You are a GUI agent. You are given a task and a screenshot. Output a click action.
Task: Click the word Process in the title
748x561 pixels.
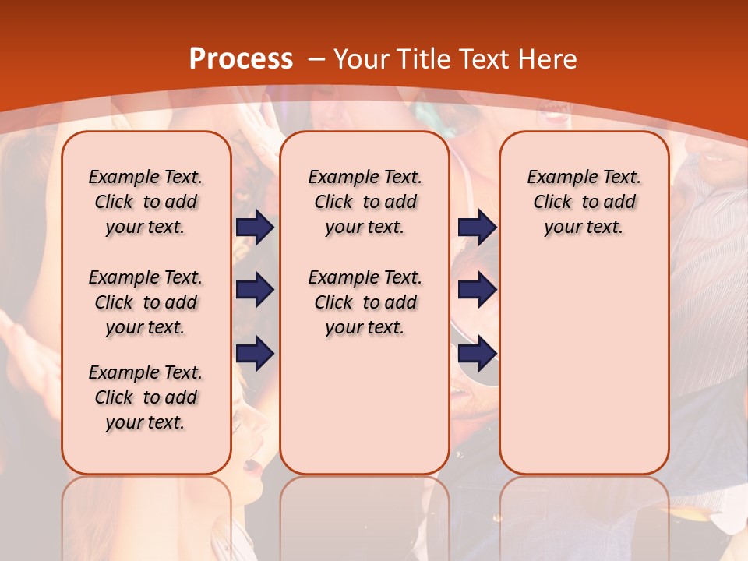pyautogui.click(x=241, y=59)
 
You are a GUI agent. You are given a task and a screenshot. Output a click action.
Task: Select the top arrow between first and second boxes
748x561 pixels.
pyautogui.click(x=255, y=227)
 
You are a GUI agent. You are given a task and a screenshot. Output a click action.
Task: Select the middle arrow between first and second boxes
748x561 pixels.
pyautogui.click(x=255, y=291)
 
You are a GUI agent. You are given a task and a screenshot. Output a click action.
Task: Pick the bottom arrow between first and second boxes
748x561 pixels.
pyautogui.click(x=255, y=353)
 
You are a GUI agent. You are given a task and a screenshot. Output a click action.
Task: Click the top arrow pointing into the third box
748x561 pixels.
pyautogui.click(x=477, y=227)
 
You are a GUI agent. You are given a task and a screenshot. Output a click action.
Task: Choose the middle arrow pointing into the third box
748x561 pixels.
pyautogui.click(x=477, y=291)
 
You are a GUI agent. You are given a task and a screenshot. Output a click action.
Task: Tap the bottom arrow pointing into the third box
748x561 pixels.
pyautogui.click(x=477, y=353)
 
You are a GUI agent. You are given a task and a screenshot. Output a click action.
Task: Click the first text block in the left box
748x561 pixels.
pyautogui.click(x=146, y=202)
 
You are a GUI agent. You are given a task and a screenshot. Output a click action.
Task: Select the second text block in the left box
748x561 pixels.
pyautogui.click(x=146, y=302)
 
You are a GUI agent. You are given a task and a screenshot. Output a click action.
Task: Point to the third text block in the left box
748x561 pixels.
pyautogui.click(x=146, y=397)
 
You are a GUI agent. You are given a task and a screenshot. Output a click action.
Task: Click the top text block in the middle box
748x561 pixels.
pyautogui.click(x=365, y=202)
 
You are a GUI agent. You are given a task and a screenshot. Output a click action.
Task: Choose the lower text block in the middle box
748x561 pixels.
pyautogui.click(x=365, y=302)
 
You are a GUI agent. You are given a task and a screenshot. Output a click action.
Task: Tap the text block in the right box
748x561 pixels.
pyautogui.click(x=584, y=202)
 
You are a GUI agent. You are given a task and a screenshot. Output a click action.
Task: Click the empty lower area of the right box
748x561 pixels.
pyautogui.click(x=584, y=366)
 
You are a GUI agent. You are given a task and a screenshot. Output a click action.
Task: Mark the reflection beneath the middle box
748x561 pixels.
pyautogui.click(x=365, y=514)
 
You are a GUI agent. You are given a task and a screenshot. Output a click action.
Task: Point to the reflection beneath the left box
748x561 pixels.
pyautogui.click(x=146, y=514)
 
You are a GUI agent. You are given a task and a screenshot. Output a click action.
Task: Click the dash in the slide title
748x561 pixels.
pyautogui.click(x=316, y=59)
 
